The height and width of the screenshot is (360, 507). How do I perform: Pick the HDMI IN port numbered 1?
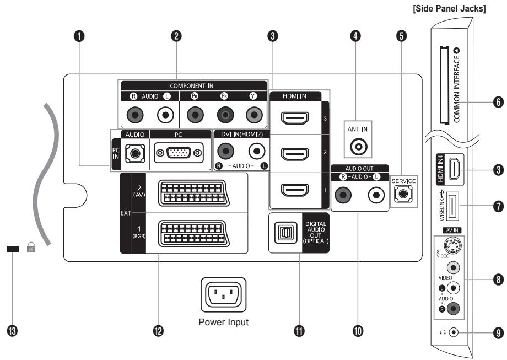(291, 191)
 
